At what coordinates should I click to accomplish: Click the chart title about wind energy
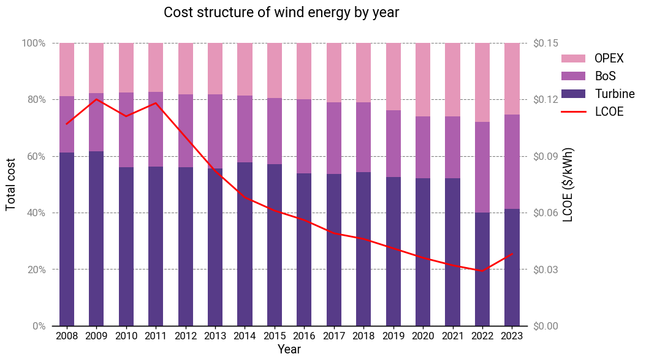click(x=281, y=12)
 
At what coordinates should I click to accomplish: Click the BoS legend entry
click(x=589, y=76)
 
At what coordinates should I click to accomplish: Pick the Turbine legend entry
click(x=598, y=94)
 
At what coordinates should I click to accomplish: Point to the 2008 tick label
click(x=67, y=336)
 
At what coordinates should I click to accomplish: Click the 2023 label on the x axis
click(x=512, y=336)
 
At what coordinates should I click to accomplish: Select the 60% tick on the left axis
click(x=36, y=156)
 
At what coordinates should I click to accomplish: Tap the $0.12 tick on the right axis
click(x=545, y=100)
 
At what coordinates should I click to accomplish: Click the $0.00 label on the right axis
click(x=545, y=326)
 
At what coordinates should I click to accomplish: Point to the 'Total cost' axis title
click(x=10, y=184)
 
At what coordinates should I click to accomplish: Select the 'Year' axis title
click(x=289, y=349)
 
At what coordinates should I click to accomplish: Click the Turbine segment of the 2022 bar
click(x=482, y=270)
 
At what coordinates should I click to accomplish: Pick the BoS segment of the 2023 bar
click(x=512, y=162)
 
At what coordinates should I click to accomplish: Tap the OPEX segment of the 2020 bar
click(x=423, y=80)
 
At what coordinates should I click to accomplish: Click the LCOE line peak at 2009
click(x=96, y=99)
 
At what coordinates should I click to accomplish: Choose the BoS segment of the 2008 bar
click(x=67, y=124)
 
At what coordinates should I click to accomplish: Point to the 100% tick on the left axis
click(x=34, y=43)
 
